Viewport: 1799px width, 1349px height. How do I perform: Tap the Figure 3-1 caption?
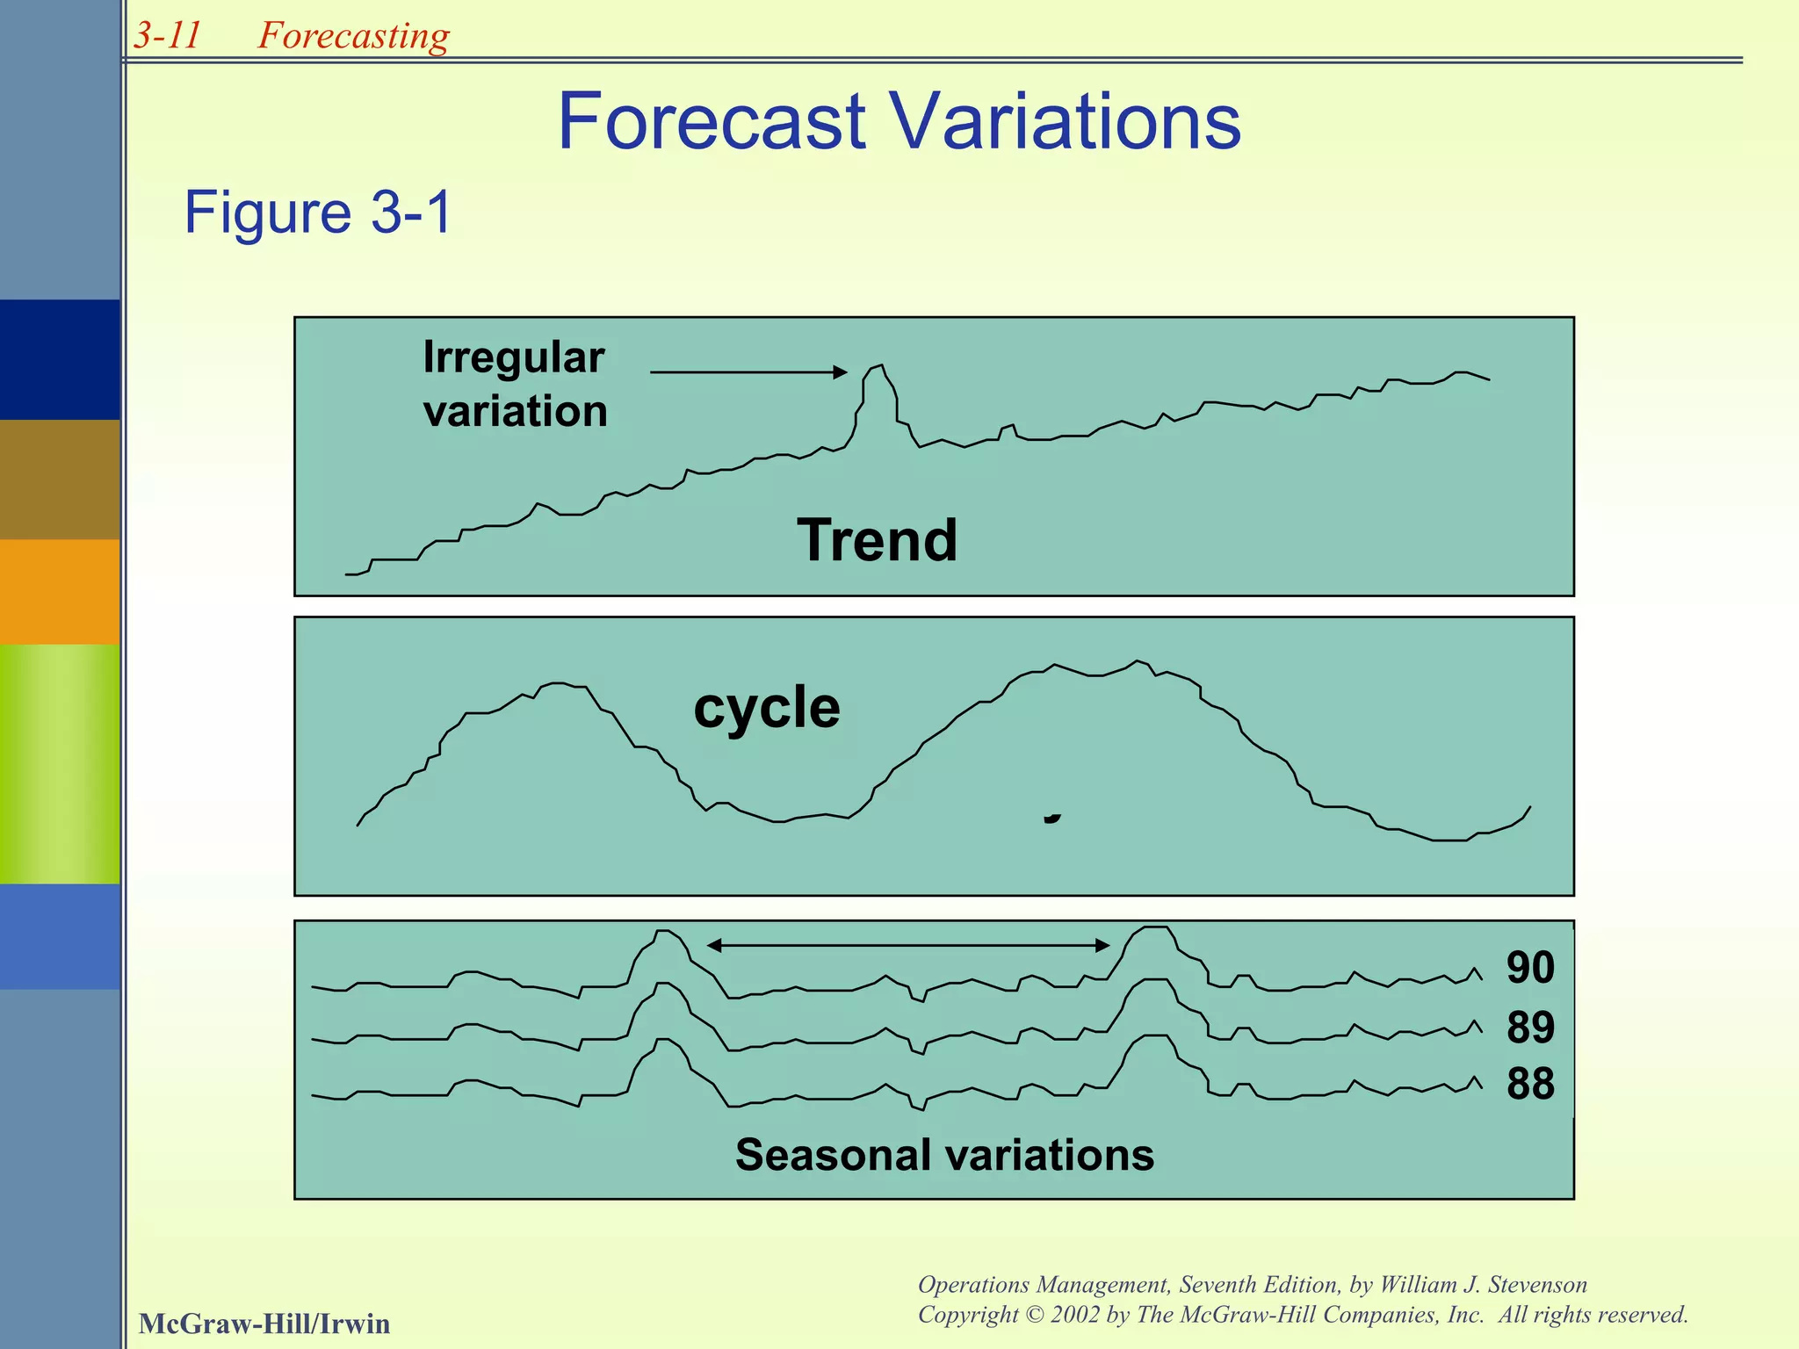click(x=318, y=213)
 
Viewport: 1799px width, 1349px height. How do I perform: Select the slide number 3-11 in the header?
click(x=167, y=35)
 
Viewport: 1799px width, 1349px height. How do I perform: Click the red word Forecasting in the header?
click(x=353, y=36)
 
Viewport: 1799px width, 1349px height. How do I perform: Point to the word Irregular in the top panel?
click(x=513, y=357)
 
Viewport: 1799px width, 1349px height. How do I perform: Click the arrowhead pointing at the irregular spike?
click(x=841, y=372)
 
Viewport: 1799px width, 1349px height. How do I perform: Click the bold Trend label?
click(x=877, y=540)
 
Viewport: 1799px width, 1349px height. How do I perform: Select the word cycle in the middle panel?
click(x=766, y=707)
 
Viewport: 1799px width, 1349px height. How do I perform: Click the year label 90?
click(x=1530, y=967)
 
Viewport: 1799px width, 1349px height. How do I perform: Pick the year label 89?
click(x=1530, y=1027)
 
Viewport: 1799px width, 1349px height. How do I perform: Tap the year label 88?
click(x=1530, y=1084)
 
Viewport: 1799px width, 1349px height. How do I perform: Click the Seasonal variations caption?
click(x=944, y=1154)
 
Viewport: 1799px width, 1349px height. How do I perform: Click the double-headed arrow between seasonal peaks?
click(x=908, y=945)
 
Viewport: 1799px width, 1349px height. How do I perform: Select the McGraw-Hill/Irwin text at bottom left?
click(x=264, y=1324)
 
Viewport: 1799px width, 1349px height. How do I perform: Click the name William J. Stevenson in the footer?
click(x=1484, y=1285)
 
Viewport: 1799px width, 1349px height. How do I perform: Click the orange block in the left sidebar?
click(x=60, y=591)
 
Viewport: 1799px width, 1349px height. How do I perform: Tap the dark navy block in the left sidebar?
click(x=60, y=359)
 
